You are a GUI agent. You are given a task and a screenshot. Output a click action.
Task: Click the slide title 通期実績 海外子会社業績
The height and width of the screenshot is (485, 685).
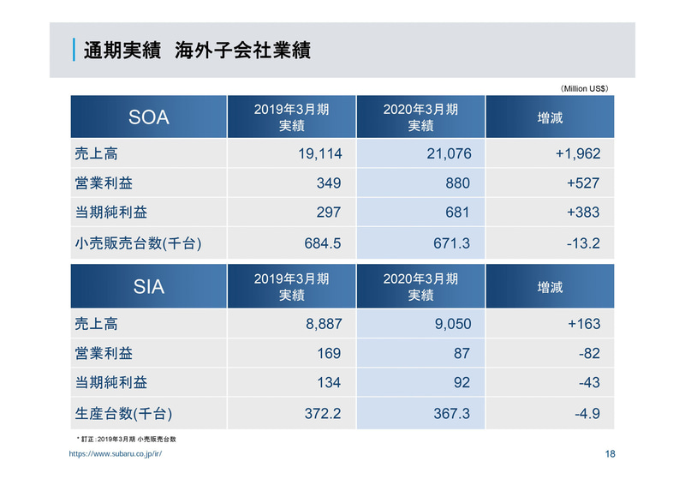196,51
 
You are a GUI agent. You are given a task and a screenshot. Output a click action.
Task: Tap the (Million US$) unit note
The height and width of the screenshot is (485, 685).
585,87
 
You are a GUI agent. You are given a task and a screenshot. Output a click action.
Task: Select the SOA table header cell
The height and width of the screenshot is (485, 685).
148,117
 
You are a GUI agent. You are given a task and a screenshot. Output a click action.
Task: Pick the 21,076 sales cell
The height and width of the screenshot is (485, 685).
449,154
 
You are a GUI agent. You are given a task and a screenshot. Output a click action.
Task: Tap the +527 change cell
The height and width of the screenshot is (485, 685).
582,183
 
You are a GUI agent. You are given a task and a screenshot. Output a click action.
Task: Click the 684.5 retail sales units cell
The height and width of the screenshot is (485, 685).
323,243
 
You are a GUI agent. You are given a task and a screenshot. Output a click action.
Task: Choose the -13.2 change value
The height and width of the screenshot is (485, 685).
583,243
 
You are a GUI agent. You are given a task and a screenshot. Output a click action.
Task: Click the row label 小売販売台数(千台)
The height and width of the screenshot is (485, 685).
138,243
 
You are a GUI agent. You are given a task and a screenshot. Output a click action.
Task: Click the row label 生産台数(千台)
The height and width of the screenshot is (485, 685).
124,414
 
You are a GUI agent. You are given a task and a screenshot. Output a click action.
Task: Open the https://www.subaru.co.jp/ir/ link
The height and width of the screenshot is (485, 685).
116,454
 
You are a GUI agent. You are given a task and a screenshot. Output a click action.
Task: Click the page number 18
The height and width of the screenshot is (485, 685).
609,454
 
